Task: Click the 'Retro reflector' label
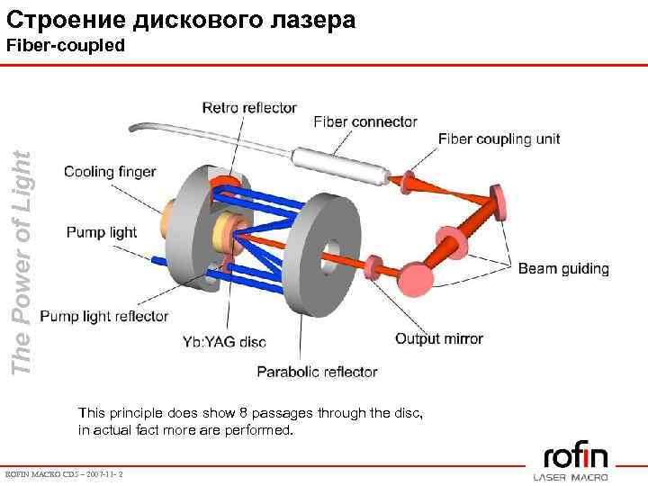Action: pyautogui.click(x=249, y=108)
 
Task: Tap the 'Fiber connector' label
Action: pyautogui.click(x=365, y=121)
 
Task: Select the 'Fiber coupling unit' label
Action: pyautogui.click(x=499, y=139)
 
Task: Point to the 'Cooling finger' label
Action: pyautogui.click(x=110, y=172)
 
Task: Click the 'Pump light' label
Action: pyautogui.click(x=102, y=232)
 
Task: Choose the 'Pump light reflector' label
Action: pyautogui.click(x=104, y=316)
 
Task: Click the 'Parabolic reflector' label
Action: pyautogui.click(x=317, y=372)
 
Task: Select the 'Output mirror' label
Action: pyautogui.click(x=439, y=339)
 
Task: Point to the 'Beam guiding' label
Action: pyautogui.click(x=563, y=269)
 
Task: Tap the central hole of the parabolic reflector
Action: pyautogui.click(x=331, y=252)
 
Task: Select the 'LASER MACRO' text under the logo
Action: pyautogui.click(x=571, y=476)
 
